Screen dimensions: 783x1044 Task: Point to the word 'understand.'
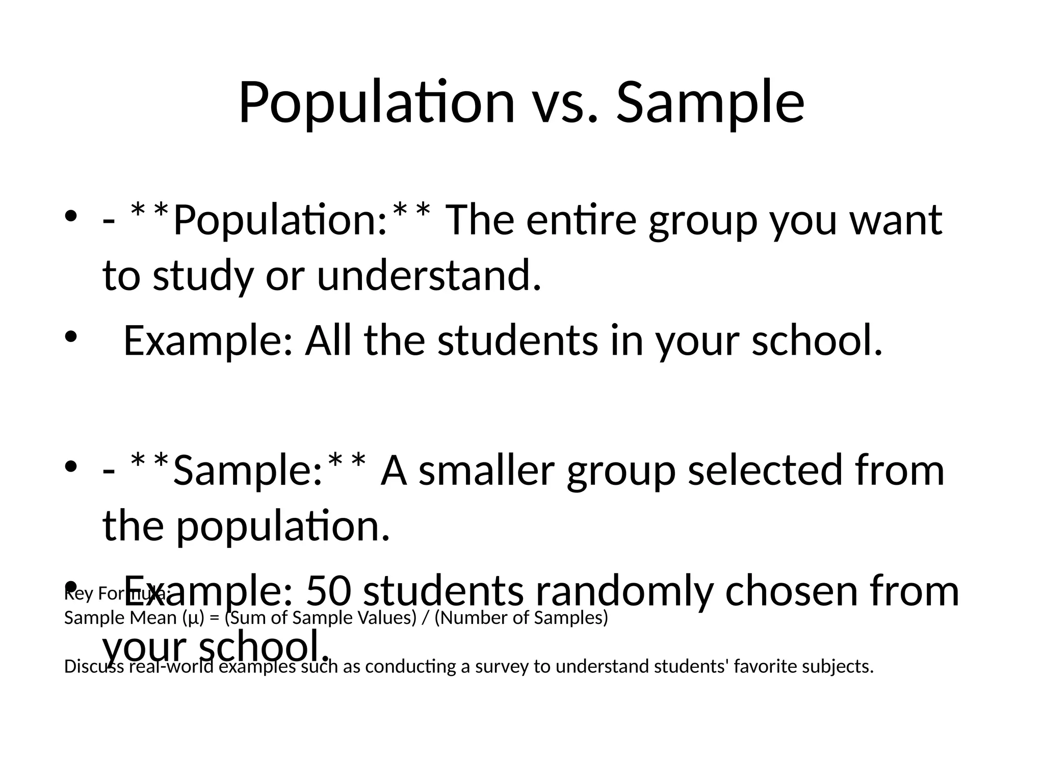429,276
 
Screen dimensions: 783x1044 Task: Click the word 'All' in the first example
328,341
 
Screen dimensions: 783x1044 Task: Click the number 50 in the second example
328,591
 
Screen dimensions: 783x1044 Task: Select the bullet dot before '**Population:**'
71,216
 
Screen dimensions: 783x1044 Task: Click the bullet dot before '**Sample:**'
71,466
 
